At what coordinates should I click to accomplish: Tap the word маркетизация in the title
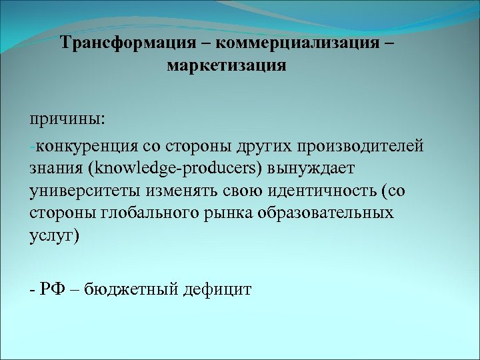[x=226, y=66]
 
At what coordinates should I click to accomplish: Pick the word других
[x=266, y=146]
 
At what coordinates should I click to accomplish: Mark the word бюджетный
[x=127, y=290]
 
